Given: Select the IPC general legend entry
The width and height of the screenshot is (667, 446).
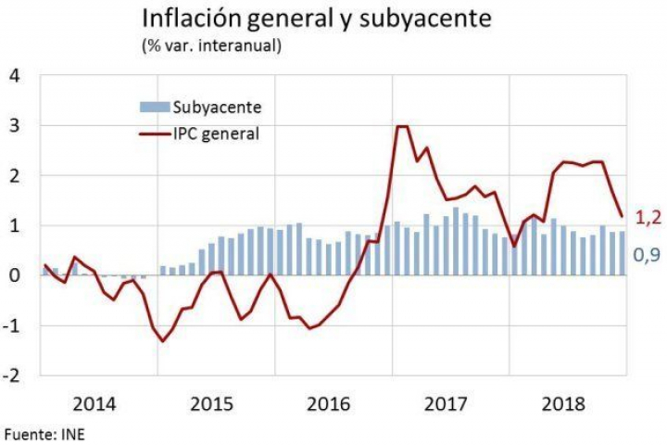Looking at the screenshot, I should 215,134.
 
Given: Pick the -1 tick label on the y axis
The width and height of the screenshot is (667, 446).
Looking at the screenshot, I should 11,325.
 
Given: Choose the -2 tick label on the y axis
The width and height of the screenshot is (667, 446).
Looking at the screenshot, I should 11,376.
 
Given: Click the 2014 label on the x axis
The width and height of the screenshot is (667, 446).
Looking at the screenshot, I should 94,405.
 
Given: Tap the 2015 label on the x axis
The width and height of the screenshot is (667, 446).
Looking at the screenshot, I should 211,405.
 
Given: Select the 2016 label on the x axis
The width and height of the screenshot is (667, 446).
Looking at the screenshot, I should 329,405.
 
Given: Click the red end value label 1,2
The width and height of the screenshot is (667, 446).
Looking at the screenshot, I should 646,219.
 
